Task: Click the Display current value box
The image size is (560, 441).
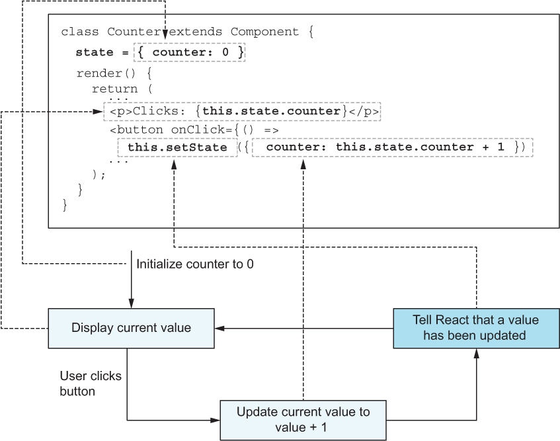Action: pos(132,328)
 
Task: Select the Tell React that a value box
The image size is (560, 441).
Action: pos(475,327)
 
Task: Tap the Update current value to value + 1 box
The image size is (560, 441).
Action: pos(303,419)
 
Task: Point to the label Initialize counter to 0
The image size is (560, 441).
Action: pos(194,264)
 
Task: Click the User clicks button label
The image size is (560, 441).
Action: pos(91,383)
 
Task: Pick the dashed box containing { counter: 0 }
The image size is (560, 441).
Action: pos(190,52)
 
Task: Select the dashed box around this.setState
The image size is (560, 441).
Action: pos(177,147)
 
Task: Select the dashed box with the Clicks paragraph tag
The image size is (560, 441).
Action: pos(243,111)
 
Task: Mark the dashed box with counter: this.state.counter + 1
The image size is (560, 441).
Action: pos(392,147)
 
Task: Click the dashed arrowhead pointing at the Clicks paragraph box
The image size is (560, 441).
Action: pos(99,111)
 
